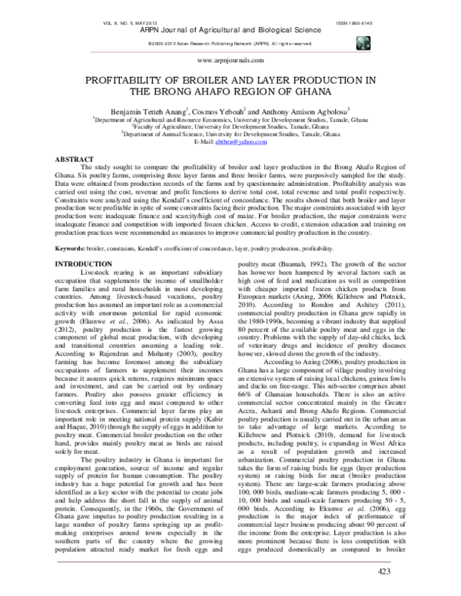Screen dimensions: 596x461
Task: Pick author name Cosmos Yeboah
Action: pos(220,111)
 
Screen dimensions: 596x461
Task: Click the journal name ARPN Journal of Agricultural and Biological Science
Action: pos(230,31)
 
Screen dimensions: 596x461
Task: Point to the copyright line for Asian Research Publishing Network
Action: pos(230,44)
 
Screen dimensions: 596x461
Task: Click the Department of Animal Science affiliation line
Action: pos(230,134)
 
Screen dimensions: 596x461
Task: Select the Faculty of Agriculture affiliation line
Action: pos(230,127)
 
